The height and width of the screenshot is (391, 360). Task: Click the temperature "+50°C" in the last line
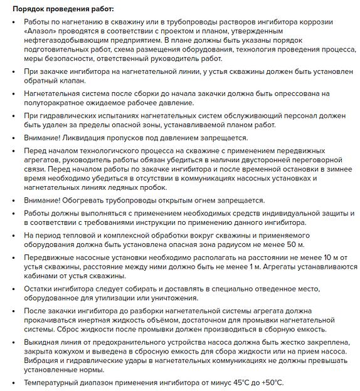272,383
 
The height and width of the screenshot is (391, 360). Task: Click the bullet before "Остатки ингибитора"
15,289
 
